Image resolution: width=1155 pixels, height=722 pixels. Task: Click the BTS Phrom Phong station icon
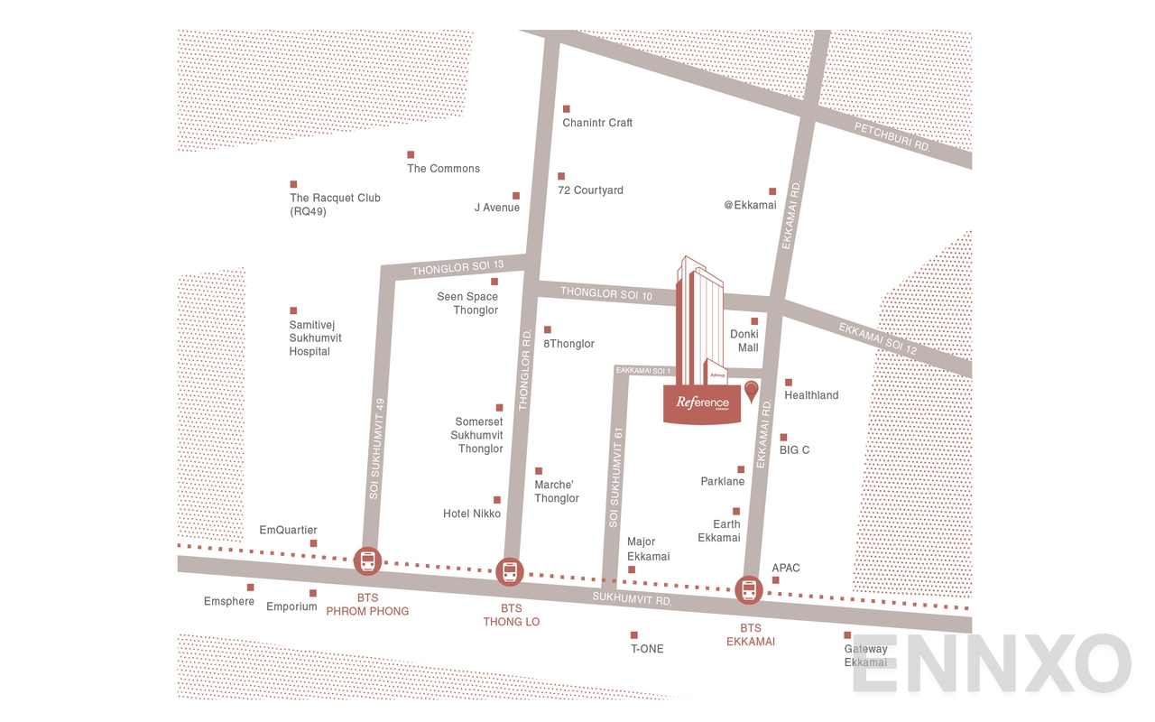(x=368, y=561)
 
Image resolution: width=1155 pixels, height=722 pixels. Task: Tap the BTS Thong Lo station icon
(x=510, y=570)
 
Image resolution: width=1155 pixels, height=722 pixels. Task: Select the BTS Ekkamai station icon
(x=749, y=590)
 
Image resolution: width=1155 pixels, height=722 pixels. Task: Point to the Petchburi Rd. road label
(x=892, y=138)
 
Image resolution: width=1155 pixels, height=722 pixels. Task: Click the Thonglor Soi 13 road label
(x=457, y=267)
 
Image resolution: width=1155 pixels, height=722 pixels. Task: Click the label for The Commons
(x=443, y=169)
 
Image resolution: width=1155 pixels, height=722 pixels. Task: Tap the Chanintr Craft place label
(x=597, y=123)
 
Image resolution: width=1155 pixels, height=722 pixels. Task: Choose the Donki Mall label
(x=744, y=340)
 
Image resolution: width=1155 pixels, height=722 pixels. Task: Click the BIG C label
(x=794, y=449)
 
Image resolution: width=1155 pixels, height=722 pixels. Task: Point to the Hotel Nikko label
(x=471, y=514)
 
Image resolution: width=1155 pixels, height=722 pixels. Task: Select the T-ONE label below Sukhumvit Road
(x=646, y=649)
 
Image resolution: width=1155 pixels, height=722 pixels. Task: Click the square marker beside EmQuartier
(x=313, y=543)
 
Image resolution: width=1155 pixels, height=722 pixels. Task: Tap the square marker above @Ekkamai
(x=772, y=191)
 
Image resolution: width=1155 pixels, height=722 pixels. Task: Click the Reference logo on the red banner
(x=702, y=403)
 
